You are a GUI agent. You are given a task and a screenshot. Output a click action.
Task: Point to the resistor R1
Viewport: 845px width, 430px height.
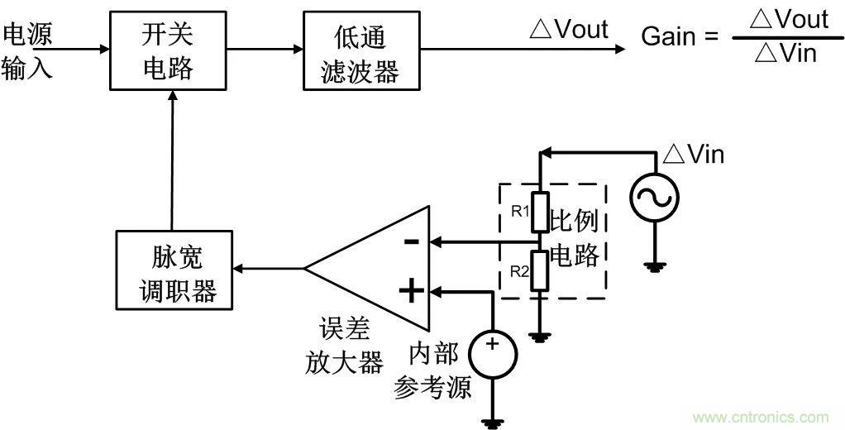click(x=539, y=212)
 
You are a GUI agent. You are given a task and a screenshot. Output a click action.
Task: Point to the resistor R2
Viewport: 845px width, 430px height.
click(x=539, y=271)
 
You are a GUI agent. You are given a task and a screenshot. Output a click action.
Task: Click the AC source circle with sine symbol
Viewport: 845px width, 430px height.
click(x=654, y=198)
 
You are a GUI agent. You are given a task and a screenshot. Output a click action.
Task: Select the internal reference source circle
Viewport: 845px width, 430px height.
click(x=493, y=353)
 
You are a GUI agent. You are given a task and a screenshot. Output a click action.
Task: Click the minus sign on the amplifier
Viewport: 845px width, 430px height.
click(x=410, y=242)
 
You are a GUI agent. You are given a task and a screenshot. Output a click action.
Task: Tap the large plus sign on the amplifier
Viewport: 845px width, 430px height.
click(x=410, y=290)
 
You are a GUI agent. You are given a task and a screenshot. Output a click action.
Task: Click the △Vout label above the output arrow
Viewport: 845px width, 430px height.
click(x=569, y=30)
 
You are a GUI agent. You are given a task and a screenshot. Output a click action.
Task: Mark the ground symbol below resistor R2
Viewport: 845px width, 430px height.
click(x=539, y=336)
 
